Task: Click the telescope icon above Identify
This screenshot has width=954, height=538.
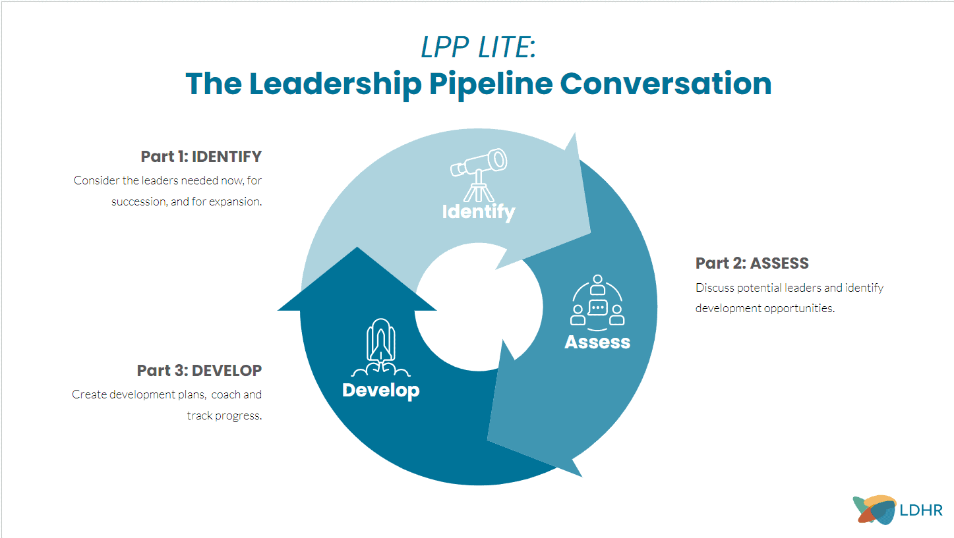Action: point(479,173)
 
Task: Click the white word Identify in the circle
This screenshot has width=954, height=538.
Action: point(478,212)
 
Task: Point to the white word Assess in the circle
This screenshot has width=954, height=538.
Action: point(597,342)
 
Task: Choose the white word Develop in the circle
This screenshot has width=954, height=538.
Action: point(380,390)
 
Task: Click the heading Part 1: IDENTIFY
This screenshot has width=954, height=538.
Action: point(201,157)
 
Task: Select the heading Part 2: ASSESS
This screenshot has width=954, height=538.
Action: point(752,263)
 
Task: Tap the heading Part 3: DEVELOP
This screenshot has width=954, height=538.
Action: point(199,371)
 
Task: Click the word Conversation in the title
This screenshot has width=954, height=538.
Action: point(665,84)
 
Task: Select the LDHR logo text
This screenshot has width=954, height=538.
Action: point(921,510)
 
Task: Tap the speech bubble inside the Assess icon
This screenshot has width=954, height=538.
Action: point(597,308)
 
